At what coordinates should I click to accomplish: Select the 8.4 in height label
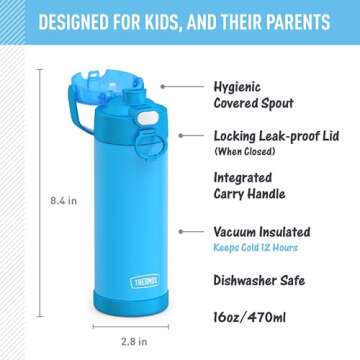click(x=63, y=200)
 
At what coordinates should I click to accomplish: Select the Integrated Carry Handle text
click(x=250, y=186)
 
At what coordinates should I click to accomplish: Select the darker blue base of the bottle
click(x=129, y=302)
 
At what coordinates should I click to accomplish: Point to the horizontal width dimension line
click(x=130, y=326)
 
